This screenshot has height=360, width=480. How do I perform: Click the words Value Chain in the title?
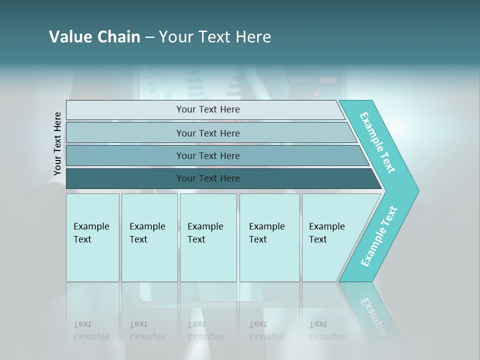(94, 37)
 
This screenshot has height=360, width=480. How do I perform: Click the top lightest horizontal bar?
(125, 110)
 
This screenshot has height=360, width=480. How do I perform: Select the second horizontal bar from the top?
(125, 133)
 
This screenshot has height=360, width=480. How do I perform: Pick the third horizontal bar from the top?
(125, 155)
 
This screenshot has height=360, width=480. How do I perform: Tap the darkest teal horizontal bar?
(125, 178)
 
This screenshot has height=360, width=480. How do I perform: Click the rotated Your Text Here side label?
(57, 143)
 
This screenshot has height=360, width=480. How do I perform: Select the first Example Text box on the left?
(92, 237)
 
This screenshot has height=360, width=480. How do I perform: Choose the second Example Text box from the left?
(149, 237)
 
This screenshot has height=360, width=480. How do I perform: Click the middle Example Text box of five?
(208, 237)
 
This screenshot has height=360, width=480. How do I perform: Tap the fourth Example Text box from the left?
(269, 237)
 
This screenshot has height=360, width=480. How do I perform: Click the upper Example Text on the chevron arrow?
(377, 143)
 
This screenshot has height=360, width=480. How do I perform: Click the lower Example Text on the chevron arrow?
(379, 236)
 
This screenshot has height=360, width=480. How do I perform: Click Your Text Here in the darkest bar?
(208, 178)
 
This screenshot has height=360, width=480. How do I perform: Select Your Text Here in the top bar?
(208, 109)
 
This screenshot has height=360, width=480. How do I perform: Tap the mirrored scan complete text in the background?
(313, 79)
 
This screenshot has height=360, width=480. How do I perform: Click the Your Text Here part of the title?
(215, 37)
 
